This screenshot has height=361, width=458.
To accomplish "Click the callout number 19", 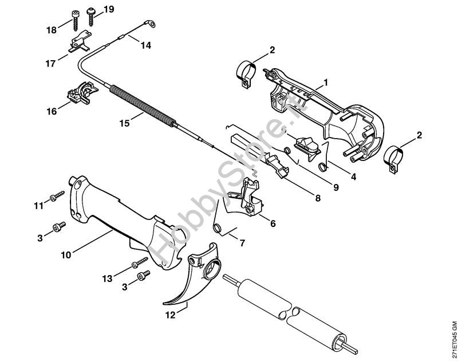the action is [x=109, y=9].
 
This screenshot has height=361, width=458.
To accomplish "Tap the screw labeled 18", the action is [x=76, y=20].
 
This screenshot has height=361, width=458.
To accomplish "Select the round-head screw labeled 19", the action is [x=91, y=16].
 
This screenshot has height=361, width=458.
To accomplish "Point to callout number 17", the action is [x=50, y=63].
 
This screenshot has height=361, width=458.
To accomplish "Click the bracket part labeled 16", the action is [x=81, y=92].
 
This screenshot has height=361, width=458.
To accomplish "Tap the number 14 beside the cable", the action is [x=146, y=45].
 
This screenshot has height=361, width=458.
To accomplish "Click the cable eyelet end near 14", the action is [x=150, y=23].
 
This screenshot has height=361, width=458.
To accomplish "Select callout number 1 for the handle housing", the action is [x=326, y=82].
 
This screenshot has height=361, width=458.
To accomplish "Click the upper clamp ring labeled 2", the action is [x=246, y=74].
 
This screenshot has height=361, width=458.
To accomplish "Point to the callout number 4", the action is [x=353, y=176].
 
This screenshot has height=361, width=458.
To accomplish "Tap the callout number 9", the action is [x=336, y=187].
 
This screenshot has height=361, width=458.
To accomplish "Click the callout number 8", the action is [x=318, y=198].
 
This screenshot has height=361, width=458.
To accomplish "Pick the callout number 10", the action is [x=66, y=255].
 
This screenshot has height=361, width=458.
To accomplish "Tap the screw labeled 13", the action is [x=140, y=262].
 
